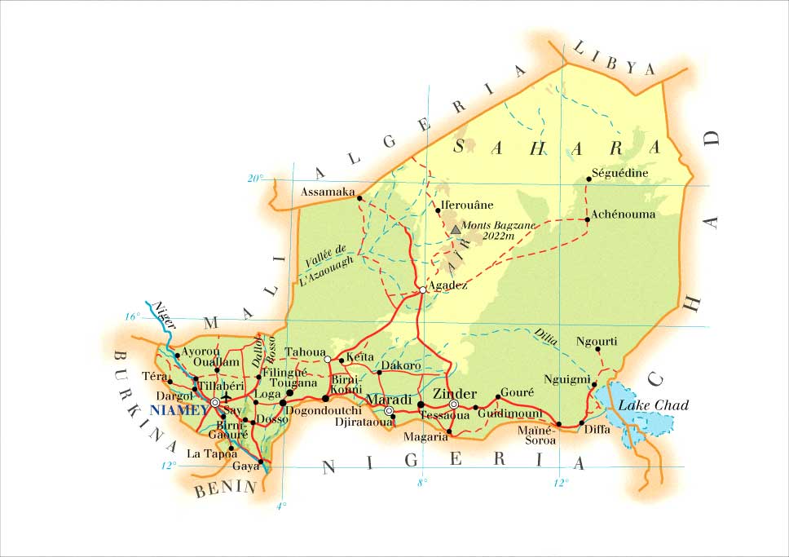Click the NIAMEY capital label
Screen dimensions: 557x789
click(x=179, y=410)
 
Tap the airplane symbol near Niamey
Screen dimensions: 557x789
click(x=227, y=398)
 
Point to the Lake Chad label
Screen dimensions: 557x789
click(x=653, y=405)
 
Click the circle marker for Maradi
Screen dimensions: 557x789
click(x=389, y=410)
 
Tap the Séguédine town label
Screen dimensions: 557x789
click(x=620, y=173)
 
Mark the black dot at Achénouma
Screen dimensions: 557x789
click(x=588, y=219)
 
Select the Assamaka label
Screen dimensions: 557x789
click(x=328, y=192)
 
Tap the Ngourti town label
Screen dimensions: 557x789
click(x=597, y=340)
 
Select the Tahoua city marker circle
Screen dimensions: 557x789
click(x=327, y=359)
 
